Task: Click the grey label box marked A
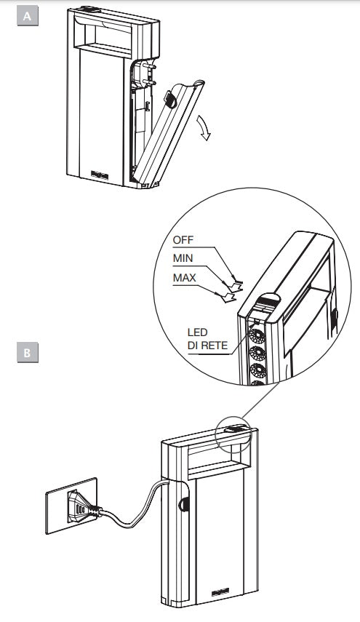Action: pyautogui.click(x=28, y=16)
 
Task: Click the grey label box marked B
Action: pyautogui.click(x=28, y=353)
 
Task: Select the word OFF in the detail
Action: pyautogui.click(x=183, y=240)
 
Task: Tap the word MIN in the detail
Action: pyautogui.click(x=183, y=258)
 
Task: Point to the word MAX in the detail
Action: pyautogui.click(x=184, y=278)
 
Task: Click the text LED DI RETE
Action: pyautogui.click(x=208, y=339)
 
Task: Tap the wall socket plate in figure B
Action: pyautogui.click(x=71, y=506)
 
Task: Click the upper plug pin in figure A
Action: pyautogui.click(x=150, y=65)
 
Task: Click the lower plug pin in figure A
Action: pyautogui.click(x=149, y=81)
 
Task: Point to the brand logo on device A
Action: pyautogui.click(x=100, y=175)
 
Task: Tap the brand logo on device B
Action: pyautogui.click(x=220, y=593)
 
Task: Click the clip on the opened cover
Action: pyautogui.click(x=170, y=99)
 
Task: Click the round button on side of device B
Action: pyautogui.click(x=184, y=504)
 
